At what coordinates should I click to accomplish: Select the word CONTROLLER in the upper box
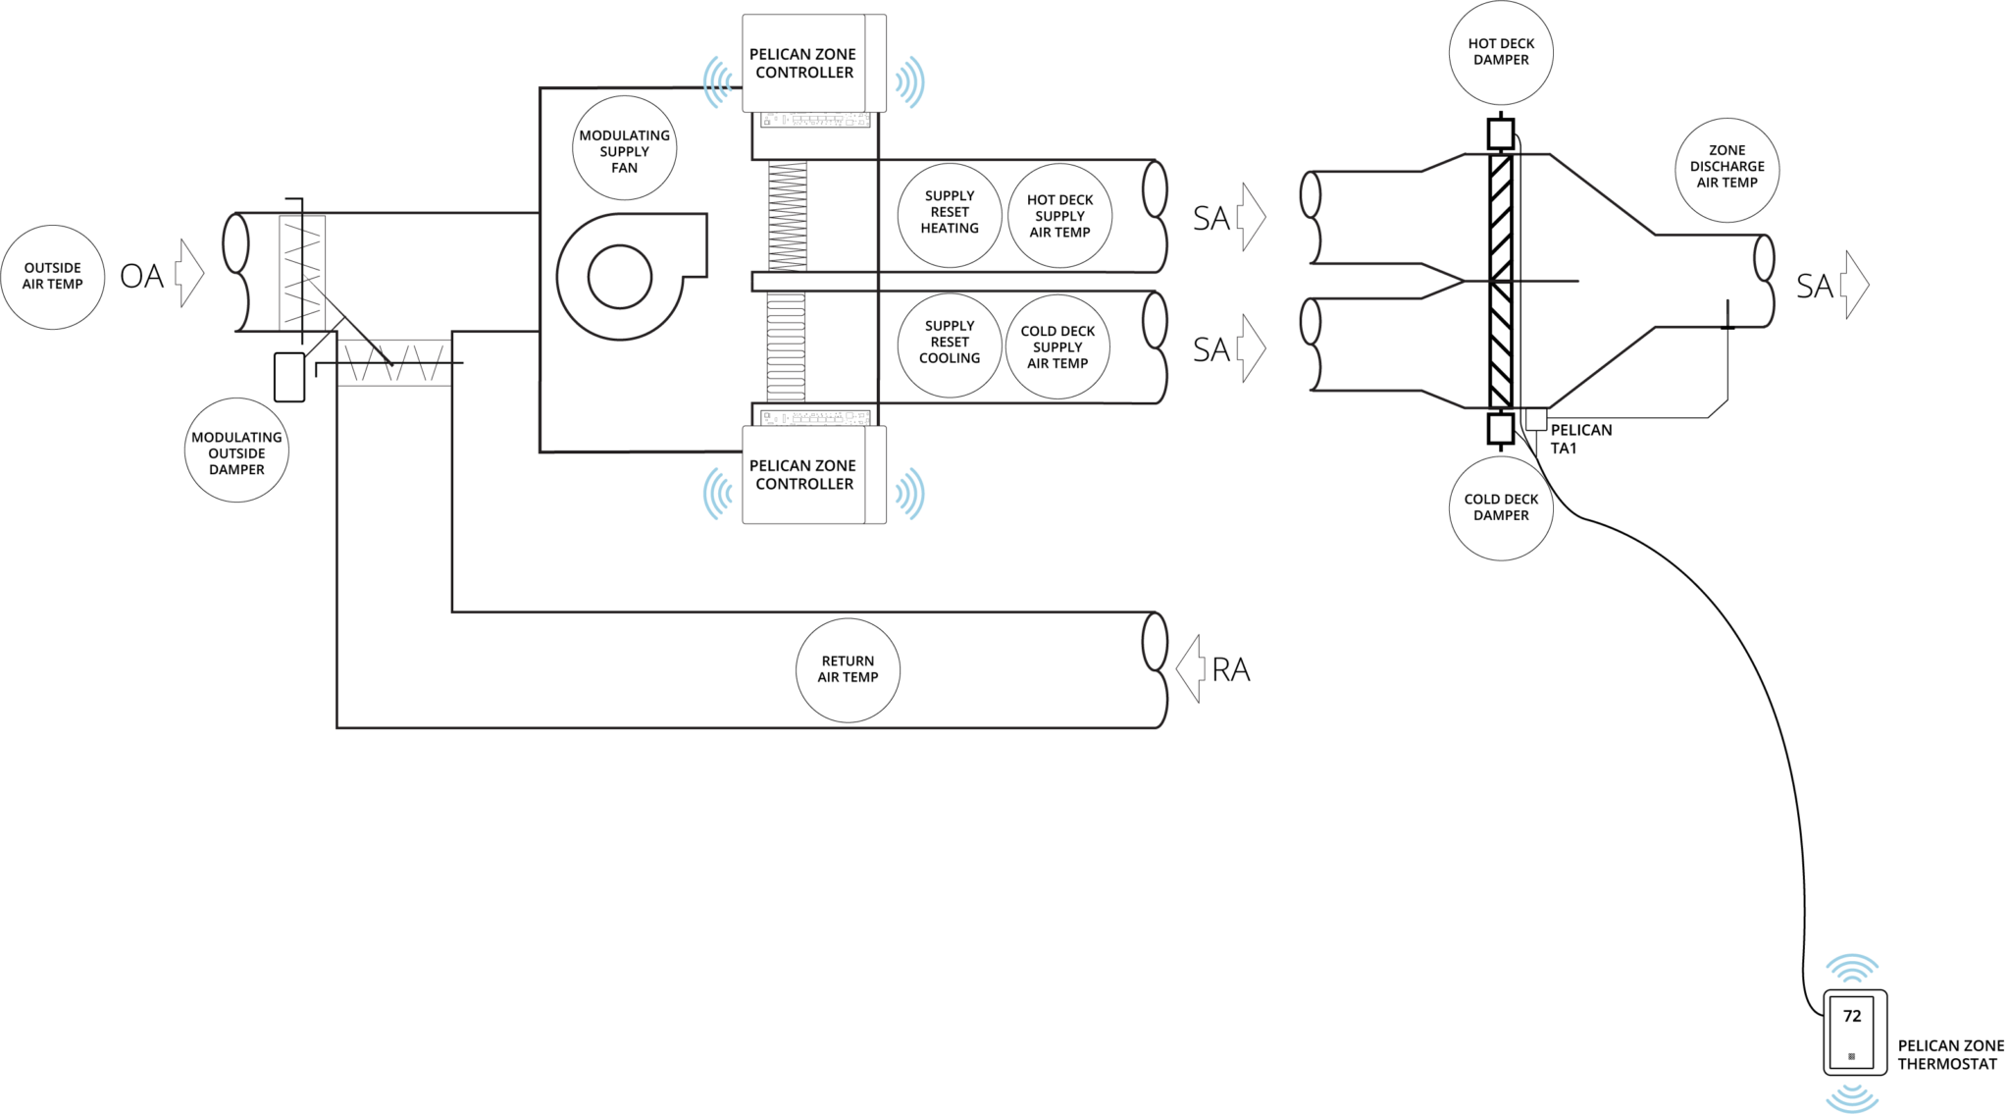click(803, 73)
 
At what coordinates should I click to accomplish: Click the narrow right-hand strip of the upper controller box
click(875, 63)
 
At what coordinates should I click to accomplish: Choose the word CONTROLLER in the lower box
click(803, 484)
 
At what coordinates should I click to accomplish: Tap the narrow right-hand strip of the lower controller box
click(875, 475)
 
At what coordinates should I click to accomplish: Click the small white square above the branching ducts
click(1500, 133)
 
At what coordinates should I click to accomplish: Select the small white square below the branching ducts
click(1500, 429)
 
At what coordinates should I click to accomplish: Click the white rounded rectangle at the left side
click(289, 378)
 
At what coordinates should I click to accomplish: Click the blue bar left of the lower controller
click(589, 495)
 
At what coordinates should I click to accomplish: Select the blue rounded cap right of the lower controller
click(906, 494)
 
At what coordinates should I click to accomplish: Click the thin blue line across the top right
click(1471, 107)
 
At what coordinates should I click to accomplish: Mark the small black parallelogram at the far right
click(1803, 287)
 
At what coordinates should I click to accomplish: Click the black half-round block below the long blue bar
click(608, 147)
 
